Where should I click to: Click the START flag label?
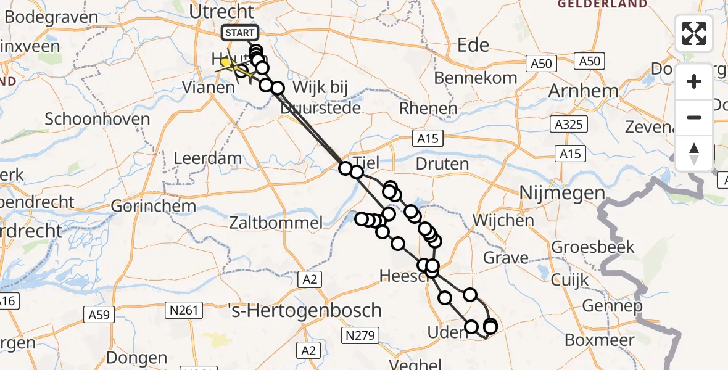tap(238, 33)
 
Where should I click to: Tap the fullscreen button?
tap(694, 33)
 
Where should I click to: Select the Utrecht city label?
tap(221, 11)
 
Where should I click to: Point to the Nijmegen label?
tap(562, 193)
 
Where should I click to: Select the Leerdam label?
tap(207, 158)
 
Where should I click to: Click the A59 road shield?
tap(98, 314)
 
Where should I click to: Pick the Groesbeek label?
tap(593, 247)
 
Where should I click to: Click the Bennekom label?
tap(476, 78)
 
